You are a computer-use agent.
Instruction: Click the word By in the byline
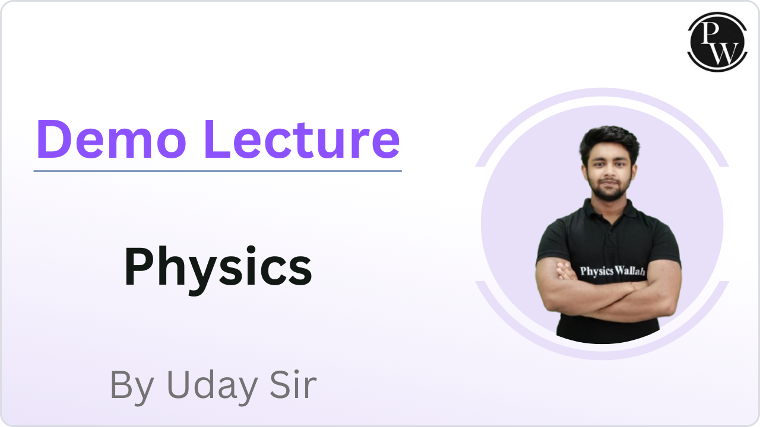(132, 385)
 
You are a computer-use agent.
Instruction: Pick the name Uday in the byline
(211, 385)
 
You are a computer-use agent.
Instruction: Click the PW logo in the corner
(717, 42)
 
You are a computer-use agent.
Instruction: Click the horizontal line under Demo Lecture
(217, 171)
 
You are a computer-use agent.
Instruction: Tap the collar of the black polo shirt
(608, 211)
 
